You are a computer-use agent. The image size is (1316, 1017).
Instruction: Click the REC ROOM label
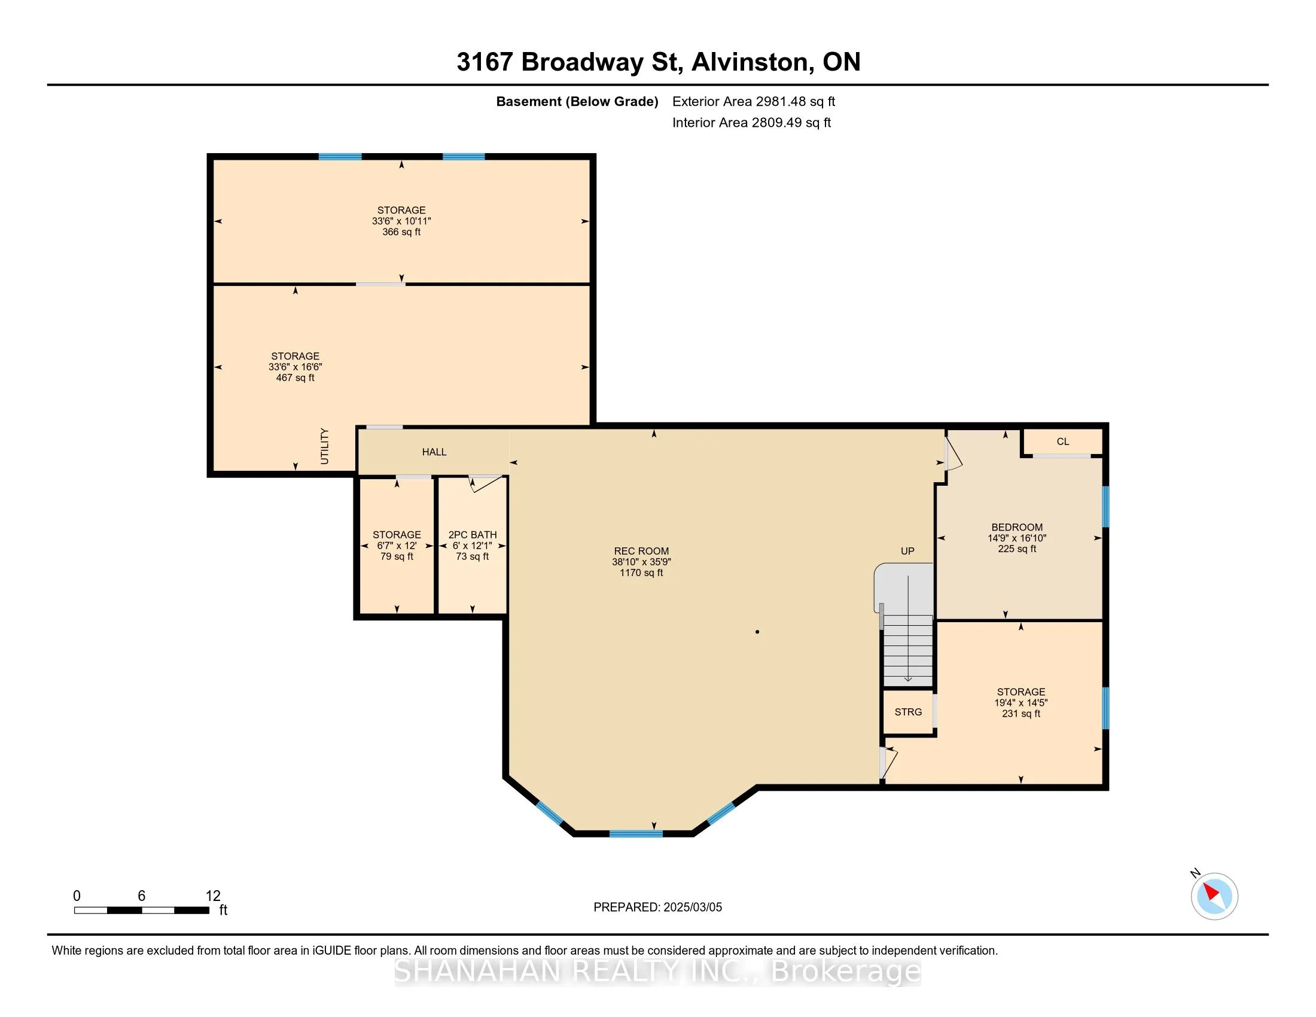click(641, 550)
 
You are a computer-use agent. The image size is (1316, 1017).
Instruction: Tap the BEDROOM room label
click(1017, 527)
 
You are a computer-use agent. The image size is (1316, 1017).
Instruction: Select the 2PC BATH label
click(473, 534)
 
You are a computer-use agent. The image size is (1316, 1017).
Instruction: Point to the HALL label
click(434, 452)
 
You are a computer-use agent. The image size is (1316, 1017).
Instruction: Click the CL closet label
click(1063, 441)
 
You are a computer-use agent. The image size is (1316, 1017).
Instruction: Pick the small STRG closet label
click(908, 712)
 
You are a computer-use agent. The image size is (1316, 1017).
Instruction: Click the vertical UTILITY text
click(325, 446)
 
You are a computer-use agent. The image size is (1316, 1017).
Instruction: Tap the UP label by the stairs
click(907, 550)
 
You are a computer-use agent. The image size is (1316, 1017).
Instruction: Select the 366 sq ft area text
click(401, 232)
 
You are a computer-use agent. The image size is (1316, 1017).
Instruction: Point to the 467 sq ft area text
click(296, 377)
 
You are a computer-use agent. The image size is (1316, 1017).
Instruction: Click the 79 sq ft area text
click(397, 556)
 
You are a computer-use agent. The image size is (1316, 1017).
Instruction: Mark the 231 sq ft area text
click(1020, 713)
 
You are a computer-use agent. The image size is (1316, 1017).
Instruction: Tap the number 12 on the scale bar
click(213, 896)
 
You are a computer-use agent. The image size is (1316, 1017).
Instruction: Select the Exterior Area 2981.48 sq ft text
click(754, 101)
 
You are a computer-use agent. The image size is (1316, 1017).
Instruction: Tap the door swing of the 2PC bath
click(485, 483)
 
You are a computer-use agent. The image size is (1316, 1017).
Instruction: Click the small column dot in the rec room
click(757, 632)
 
